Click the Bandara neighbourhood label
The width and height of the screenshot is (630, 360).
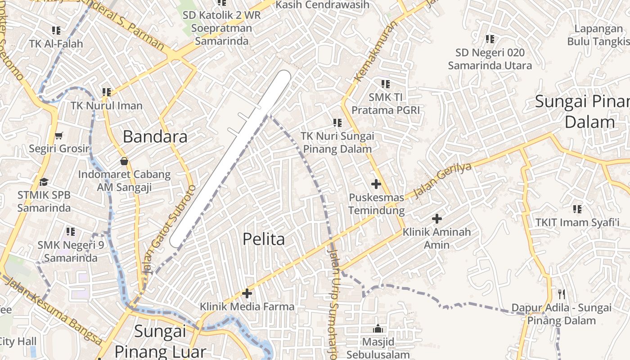pos(155,136)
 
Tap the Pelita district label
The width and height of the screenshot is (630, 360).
pos(264,239)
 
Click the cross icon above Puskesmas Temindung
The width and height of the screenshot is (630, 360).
pos(376,184)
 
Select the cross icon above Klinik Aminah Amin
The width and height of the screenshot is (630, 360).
pos(436,219)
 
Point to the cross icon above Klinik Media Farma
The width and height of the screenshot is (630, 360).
pos(247,293)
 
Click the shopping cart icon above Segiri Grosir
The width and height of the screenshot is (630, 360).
pos(59,135)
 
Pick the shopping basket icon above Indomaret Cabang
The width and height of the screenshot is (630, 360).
pos(124,161)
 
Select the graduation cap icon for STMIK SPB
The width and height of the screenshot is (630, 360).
pos(44,182)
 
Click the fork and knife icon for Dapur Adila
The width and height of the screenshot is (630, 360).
pos(562,294)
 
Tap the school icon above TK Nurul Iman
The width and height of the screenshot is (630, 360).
pos(107,92)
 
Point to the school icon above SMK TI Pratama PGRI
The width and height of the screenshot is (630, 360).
pos(386,84)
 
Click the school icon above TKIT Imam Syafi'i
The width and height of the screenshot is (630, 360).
pos(577,209)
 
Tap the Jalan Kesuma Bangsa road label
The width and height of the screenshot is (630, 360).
pos(54,310)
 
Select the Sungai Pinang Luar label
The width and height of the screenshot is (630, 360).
pos(160,341)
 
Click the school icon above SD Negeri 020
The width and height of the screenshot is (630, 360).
pos(490,39)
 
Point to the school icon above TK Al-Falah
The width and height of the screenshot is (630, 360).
pos(56,31)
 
